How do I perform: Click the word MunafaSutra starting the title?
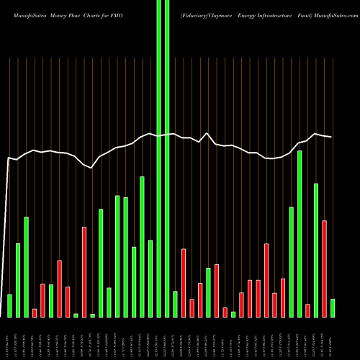22,8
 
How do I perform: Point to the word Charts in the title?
99,8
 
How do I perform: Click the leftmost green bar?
9,305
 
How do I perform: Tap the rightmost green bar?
332,307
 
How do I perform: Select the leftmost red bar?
35,312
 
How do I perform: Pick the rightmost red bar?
324,269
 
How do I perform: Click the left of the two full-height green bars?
159,158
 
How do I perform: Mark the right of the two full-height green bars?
167,158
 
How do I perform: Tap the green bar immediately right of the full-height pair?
175,304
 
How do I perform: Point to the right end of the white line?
332,137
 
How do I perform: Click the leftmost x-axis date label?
9,338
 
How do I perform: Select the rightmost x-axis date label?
332,338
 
